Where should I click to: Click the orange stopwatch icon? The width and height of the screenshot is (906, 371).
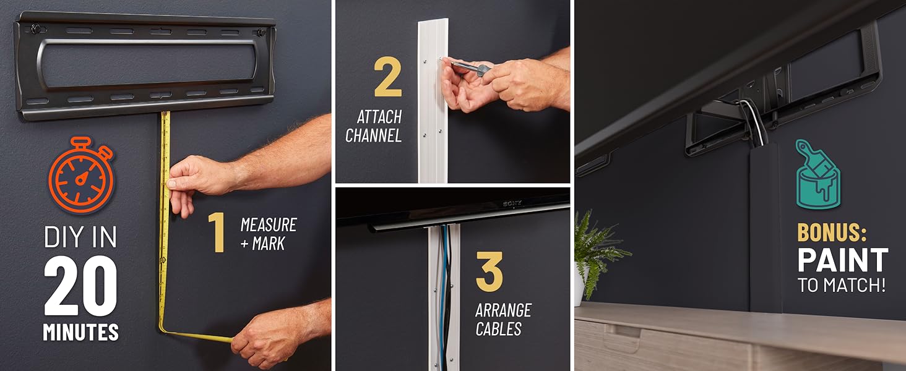pyautogui.click(x=81, y=176)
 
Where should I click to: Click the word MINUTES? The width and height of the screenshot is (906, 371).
pyautogui.click(x=80, y=332)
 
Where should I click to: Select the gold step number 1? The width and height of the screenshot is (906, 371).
pyautogui.click(x=216, y=234)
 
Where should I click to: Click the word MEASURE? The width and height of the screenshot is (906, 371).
pyautogui.click(x=268, y=224)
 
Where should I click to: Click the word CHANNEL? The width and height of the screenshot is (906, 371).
pyautogui.click(x=373, y=135)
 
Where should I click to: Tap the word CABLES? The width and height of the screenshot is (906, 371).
pyautogui.click(x=498, y=329)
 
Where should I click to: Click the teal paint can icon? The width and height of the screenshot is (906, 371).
pyautogui.click(x=818, y=174)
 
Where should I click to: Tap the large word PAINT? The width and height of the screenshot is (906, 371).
pyautogui.click(x=842, y=260)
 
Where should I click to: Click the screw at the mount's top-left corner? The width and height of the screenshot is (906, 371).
pyautogui.click(x=36, y=28)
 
